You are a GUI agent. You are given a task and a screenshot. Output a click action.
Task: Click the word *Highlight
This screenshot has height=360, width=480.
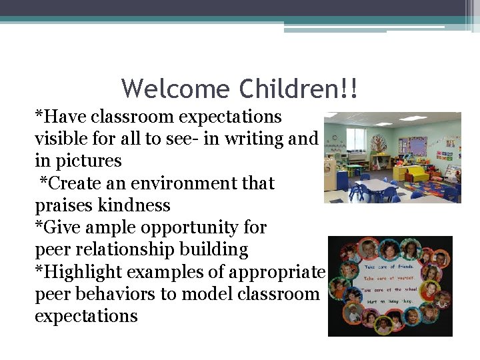pos(78,271)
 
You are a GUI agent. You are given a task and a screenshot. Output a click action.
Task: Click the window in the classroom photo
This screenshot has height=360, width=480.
pos(356,139)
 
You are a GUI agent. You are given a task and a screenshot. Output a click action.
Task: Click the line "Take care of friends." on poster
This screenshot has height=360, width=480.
pos(388,266)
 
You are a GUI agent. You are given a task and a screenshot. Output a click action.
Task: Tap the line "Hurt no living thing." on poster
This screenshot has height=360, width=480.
pos(388,301)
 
